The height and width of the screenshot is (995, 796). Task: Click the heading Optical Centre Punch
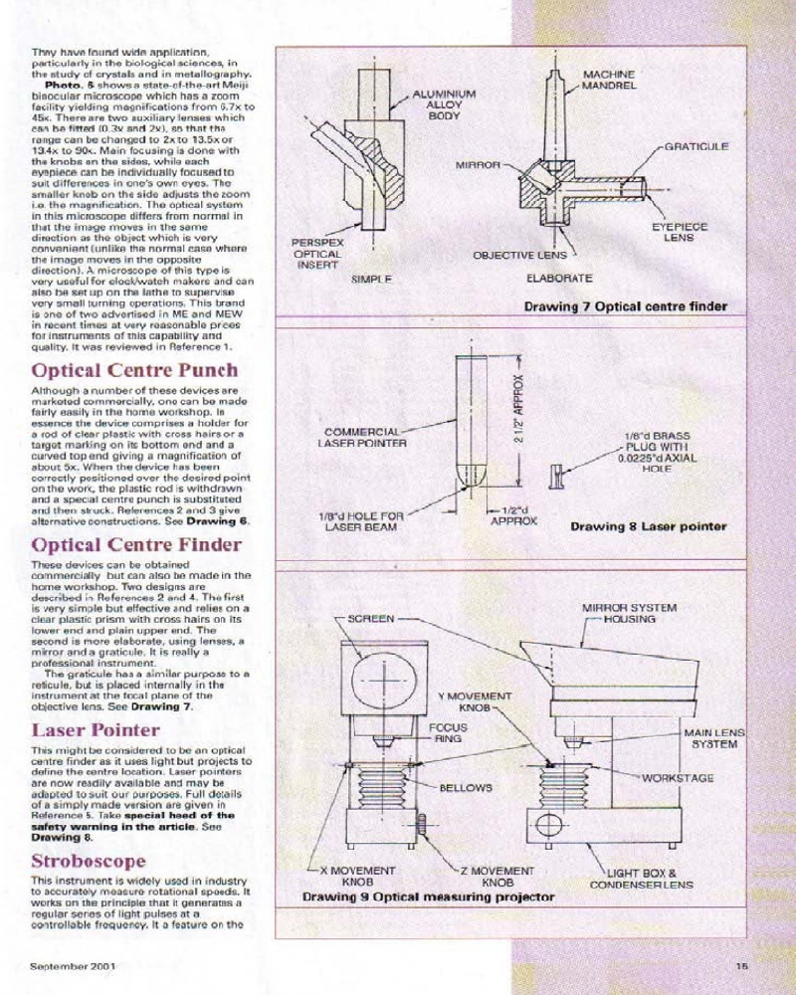pos(134,371)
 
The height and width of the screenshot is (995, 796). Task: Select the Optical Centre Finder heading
pos(136,544)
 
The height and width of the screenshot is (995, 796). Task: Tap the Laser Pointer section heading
pos(96,729)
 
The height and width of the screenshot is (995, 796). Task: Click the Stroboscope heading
pos(89,861)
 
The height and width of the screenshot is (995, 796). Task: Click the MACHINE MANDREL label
pos(609,81)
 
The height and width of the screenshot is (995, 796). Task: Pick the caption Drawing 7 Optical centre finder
pos(626,306)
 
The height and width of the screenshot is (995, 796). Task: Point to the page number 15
pos(742,964)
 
